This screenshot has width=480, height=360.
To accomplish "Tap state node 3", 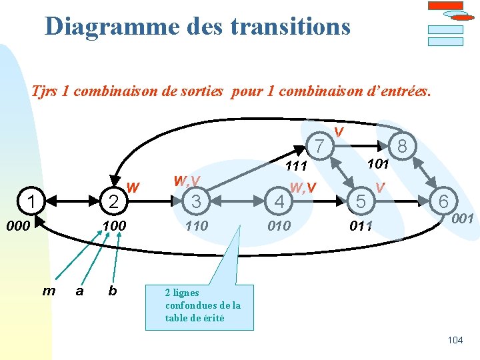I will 195,201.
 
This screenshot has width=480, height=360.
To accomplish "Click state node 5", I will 361,201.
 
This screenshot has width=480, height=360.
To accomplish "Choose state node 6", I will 443,201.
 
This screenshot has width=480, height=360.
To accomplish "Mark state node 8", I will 402,145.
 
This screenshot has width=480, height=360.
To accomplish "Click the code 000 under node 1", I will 18,226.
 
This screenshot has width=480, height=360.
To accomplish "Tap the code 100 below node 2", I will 114,226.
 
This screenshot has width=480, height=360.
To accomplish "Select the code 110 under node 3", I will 196,226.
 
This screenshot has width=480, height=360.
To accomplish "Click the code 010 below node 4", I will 279,226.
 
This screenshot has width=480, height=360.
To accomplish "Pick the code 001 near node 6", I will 462,219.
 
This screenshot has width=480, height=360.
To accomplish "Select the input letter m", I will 49,290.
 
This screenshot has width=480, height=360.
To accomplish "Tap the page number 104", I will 455,340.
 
